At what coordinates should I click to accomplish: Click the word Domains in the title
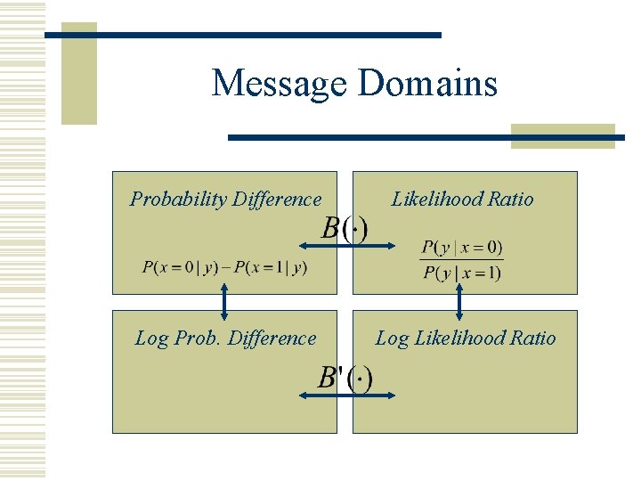pyautogui.click(x=427, y=84)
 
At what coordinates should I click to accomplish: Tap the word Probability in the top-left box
pyautogui.click(x=178, y=200)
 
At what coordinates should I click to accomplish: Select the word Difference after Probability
pyautogui.click(x=276, y=200)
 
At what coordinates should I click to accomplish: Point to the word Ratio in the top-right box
pyautogui.click(x=511, y=200)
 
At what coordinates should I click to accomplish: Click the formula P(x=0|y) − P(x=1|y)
pyautogui.click(x=224, y=267)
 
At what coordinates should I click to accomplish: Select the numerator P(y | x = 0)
pyautogui.click(x=462, y=247)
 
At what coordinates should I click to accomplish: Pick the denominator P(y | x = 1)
pyautogui.click(x=462, y=273)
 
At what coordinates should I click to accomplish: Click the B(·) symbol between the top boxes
pyautogui.click(x=344, y=229)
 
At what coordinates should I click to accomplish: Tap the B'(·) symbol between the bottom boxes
pyautogui.click(x=345, y=378)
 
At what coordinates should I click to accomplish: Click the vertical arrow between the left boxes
pyautogui.click(x=224, y=301)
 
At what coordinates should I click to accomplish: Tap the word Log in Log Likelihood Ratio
pyautogui.click(x=392, y=338)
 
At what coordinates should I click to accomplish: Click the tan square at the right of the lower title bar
pyautogui.click(x=564, y=135)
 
